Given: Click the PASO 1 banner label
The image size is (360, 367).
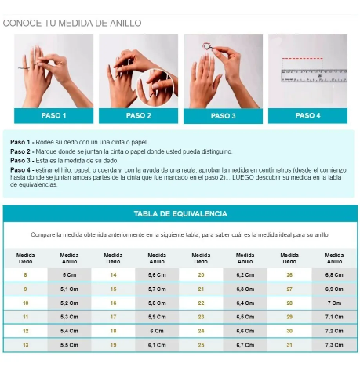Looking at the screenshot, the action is tap(53, 115).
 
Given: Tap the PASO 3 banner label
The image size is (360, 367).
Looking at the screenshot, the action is tap(223, 116).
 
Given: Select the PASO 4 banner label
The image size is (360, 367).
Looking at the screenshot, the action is tap(307, 115).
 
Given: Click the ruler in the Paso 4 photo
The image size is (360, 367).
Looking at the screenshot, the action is tap(314, 75).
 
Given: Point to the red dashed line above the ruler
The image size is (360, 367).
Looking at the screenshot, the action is tap(302, 59).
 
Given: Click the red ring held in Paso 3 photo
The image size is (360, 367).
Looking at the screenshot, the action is tap(206, 46).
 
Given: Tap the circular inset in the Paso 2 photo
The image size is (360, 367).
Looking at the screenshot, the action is tap(155, 88).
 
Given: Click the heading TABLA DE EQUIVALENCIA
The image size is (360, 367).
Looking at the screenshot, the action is tap(180, 214).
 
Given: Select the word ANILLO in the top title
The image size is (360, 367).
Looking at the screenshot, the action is tap(125, 23).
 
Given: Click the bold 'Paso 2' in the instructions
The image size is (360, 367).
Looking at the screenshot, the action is tap(20, 151).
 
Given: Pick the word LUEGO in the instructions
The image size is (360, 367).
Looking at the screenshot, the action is tap(243, 177).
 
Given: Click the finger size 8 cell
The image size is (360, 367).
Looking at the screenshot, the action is tap(25, 275).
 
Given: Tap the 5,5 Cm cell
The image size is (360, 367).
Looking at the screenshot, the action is tap(69, 345).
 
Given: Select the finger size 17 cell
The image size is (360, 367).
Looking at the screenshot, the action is tap(113, 317).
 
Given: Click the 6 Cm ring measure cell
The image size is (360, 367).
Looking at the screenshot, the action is tap(157, 331).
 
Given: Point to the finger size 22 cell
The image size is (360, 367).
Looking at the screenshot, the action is tap(201, 303).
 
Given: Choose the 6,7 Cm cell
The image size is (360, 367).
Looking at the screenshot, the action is tap(245, 345).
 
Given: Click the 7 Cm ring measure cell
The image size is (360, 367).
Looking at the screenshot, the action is tap(334, 303).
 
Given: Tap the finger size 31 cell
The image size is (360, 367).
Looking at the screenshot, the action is tap(289, 345).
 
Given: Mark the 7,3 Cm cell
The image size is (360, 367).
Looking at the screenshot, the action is tap(334, 345).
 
